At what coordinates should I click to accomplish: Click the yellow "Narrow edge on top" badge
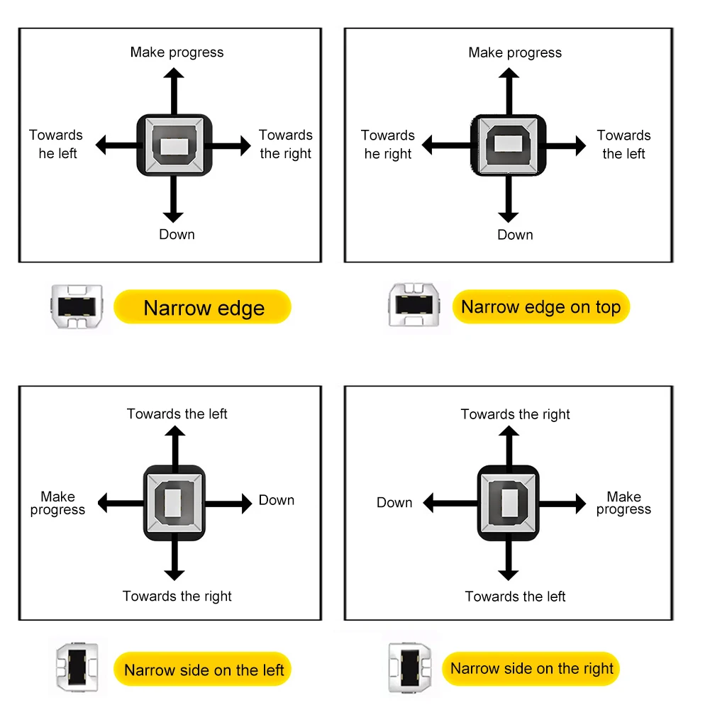pyautogui.click(x=540, y=306)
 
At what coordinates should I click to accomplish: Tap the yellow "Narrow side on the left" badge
pyautogui.click(x=202, y=670)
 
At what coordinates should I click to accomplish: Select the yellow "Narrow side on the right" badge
pyautogui.click(x=531, y=668)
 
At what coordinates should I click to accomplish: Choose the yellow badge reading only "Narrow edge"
pyautogui.click(x=202, y=307)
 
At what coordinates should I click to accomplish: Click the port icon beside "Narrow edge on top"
pyautogui.click(x=414, y=304)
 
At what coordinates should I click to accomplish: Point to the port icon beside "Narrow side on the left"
pyautogui.click(x=77, y=667)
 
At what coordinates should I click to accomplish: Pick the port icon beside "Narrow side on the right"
pyautogui.click(x=409, y=667)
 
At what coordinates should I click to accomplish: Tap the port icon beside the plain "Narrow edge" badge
pyautogui.click(x=77, y=306)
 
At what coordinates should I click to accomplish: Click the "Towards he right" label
pyautogui.click(x=387, y=145)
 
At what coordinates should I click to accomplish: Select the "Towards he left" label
pyautogui.click(x=56, y=144)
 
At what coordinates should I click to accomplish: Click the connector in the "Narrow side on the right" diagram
pyautogui.click(x=509, y=503)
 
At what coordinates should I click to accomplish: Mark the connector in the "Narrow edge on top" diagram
pyautogui.click(x=509, y=145)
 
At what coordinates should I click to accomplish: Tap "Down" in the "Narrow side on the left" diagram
pyautogui.click(x=276, y=500)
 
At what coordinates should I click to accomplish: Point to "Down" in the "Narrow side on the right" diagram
pyautogui.click(x=394, y=502)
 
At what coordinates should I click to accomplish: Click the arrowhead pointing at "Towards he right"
pyautogui.click(x=427, y=145)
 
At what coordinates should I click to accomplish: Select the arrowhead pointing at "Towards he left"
pyautogui.click(x=101, y=145)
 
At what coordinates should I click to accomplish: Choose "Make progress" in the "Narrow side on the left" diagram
pyautogui.click(x=57, y=503)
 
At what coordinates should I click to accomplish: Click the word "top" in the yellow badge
pyautogui.click(x=608, y=307)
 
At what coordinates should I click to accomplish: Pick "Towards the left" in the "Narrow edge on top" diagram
pyautogui.click(x=623, y=145)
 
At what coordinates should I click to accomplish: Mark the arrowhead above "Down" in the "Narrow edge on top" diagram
pyautogui.click(x=509, y=217)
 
